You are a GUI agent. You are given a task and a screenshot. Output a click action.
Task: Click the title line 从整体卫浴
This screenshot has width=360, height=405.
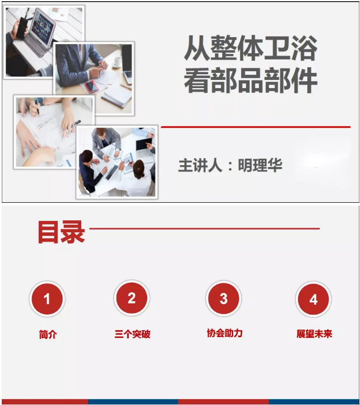tap(250, 49)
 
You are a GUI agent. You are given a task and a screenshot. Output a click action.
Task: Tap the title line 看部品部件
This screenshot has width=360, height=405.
tap(250, 81)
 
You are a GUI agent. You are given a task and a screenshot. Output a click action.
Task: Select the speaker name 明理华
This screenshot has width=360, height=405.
tap(260, 165)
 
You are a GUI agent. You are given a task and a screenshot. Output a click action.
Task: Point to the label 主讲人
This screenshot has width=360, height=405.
tap(200, 165)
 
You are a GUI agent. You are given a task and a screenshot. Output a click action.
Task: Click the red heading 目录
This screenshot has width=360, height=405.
tap(61, 232)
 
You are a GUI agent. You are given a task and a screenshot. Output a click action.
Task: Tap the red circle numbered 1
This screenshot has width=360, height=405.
tap(47, 299)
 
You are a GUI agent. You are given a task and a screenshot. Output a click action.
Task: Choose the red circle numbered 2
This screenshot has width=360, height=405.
tap(132, 298)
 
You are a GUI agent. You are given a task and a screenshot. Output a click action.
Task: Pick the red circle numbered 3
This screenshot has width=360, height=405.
tap(224, 299)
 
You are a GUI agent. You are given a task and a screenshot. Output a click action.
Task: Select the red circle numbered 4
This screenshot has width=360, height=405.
tap(314, 299)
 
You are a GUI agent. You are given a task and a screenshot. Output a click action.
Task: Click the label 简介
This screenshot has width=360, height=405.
tap(48, 334)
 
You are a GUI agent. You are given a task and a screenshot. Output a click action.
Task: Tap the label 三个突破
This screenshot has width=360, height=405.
tap(132, 334)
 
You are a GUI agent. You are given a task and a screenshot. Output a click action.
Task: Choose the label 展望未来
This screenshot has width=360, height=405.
tap(314, 334)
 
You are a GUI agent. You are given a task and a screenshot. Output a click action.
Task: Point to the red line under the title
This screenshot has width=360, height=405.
tap(255, 126)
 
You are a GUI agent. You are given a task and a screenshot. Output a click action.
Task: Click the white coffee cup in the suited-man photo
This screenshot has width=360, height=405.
tap(118, 60)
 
